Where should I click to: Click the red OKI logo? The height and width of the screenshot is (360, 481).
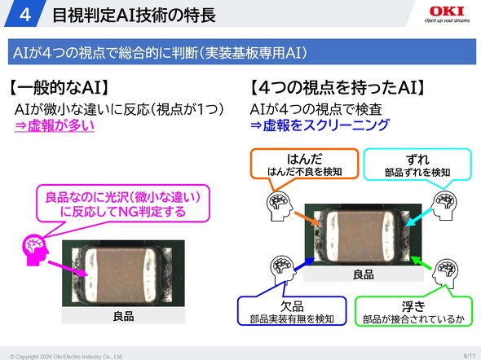[x=447, y=11]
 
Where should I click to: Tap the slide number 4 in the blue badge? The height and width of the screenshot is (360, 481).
[x=24, y=15]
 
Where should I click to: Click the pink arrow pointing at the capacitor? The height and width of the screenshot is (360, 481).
[x=68, y=269]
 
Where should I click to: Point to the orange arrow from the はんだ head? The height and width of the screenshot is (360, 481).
[x=307, y=219]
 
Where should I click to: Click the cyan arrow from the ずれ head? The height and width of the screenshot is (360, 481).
[x=419, y=217]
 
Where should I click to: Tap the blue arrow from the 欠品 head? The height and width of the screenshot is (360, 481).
[x=304, y=264]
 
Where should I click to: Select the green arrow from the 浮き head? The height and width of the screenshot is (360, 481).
[x=422, y=264]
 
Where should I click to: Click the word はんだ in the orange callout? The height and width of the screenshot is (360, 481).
[x=304, y=160]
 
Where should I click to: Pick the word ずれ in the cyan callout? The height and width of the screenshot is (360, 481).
[x=417, y=160]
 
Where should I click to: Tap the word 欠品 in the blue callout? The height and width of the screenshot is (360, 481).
[x=292, y=306]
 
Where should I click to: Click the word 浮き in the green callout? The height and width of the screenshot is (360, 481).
[x=413, y=306]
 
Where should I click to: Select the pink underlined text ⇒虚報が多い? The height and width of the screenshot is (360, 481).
[x=55, y=125]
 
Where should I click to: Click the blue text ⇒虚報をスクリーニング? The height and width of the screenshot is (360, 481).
[x=320, y=125]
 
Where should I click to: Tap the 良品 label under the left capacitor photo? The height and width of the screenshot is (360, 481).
[x=123, y=316]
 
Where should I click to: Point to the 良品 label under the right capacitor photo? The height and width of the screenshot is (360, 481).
[x=364, y=274]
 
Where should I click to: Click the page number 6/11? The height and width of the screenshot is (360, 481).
[x=469, y=356]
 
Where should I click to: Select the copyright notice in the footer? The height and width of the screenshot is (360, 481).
[x=66, y=357]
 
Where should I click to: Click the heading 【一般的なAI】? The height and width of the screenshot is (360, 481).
[x=58, y=87]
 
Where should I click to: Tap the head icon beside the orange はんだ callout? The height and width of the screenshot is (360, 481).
[x=279, y=205]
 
